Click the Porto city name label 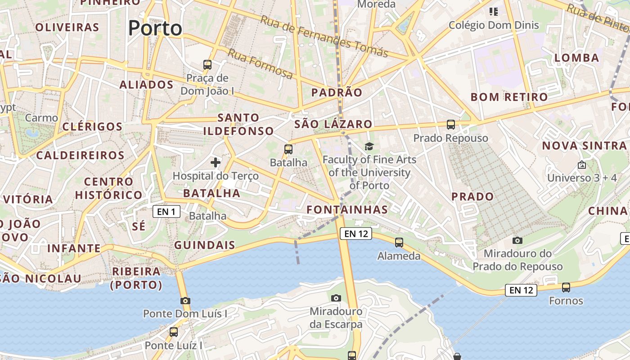tap(155, 28)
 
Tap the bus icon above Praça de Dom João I tap(207, 65)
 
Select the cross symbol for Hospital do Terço tap(216, 162)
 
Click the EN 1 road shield tap(166, 211)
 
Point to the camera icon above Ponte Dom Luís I tap(185, 301)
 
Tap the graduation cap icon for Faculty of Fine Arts tap(369, 146)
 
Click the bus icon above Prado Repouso tap(451, 125)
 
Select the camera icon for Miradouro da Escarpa tap(336, 298)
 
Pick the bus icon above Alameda tap(399, 243)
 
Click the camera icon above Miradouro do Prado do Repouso tap(517, 240)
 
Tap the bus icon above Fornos tap(566, 287)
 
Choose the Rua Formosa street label tap(260, 63)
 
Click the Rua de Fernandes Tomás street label tap(324, 36)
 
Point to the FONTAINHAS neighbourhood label tap(347, 210)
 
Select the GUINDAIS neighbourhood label tap(205, 245)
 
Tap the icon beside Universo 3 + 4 tap(582, 165)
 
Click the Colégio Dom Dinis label tap(494, 25)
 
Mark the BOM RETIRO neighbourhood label tap(509, 97)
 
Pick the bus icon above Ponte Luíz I tap(174, 332)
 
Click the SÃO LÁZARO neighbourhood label tap(333, 124)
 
